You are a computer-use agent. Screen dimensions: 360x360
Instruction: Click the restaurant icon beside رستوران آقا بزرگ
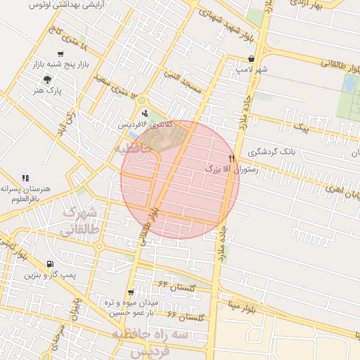232,158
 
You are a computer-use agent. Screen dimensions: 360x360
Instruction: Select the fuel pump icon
49,264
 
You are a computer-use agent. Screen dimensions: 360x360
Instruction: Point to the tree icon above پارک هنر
47,79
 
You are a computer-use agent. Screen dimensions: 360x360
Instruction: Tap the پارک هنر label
49,91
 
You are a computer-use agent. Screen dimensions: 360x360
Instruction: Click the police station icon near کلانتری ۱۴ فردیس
145,113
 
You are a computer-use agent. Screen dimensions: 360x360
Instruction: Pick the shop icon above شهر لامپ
251,59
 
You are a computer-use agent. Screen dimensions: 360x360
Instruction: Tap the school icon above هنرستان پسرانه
25,178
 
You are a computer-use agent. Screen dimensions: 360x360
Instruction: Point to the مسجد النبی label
182,80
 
